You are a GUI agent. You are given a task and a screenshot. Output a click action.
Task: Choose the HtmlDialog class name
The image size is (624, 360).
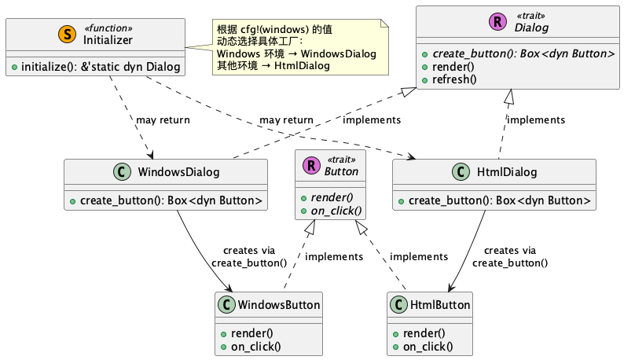tap(508, 172)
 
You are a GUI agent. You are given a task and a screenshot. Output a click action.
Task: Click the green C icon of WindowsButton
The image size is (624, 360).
tap(228, 304)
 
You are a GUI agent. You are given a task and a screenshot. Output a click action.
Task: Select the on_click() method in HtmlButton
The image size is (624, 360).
tap(430, 346)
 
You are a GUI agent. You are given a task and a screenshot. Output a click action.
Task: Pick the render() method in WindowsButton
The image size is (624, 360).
tap(251, 332)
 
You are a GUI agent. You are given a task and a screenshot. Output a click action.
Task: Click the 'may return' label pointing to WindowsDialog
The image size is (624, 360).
tap(163, 120)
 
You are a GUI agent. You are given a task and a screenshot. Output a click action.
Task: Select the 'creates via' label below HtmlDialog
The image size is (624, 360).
tap(511, 250)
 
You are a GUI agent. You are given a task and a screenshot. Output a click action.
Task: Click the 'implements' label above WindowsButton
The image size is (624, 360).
tap(333, 256)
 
